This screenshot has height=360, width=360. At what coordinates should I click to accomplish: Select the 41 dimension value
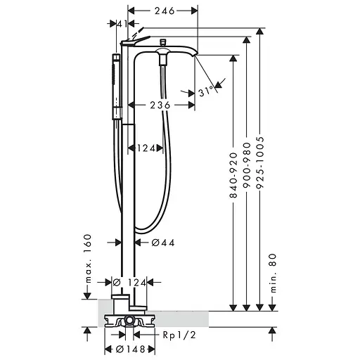coord(122,24)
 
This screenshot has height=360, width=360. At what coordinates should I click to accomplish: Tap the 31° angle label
coord(205,92)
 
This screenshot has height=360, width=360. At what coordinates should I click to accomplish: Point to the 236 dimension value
coord(160,105)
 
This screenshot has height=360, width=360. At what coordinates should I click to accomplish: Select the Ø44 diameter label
coord(163,243)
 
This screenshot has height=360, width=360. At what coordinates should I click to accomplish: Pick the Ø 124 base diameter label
coord(130,282)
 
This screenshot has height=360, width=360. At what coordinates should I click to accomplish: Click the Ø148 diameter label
coord(131,348)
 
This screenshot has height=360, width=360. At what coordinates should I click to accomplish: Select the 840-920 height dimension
coord(233,176)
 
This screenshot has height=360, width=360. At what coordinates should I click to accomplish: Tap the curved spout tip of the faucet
coord(191,53)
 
